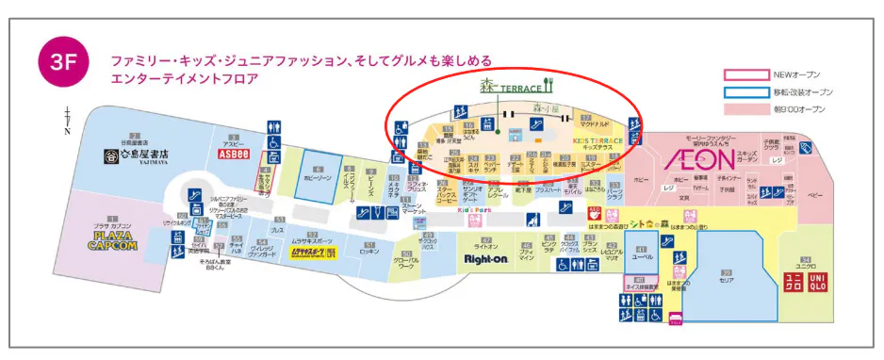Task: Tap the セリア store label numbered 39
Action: coord(726,276)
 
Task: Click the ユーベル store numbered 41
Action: coord(642,252)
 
